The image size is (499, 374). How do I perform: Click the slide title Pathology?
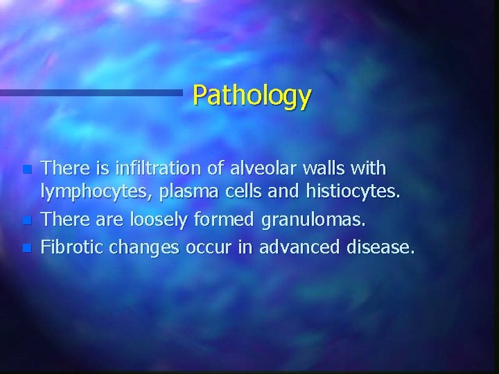click(252, 96)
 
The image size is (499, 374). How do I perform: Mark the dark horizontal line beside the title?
click(90, 91)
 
